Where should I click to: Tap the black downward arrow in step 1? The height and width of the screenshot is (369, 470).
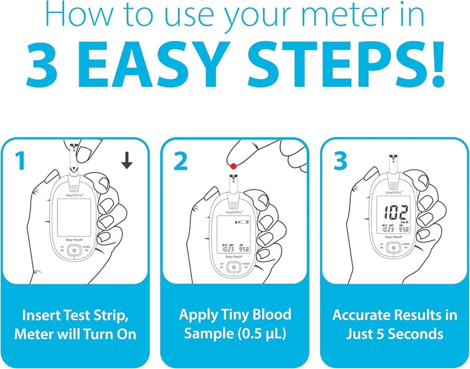point(126,160)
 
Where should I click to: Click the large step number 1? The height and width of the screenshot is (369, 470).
point(20,160)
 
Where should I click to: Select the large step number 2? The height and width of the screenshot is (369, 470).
point(180,160)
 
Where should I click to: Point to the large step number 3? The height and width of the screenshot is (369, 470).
point(340,160)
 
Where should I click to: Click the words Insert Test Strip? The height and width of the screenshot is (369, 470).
point(74,314)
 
